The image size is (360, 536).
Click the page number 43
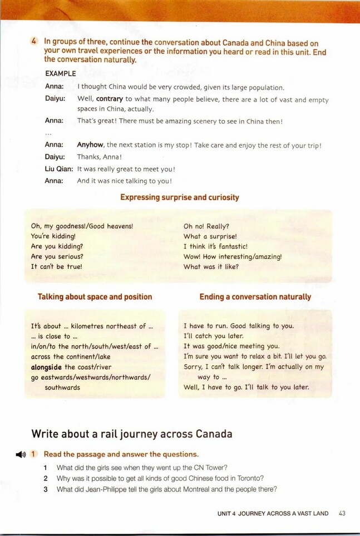click(x=342, y=513)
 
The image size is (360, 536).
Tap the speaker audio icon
click(x=21, y=454)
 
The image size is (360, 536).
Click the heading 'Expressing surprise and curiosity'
click(x=180, y=197)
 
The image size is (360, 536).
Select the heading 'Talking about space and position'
click(x=95, y=297)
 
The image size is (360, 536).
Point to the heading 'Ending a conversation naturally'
click(x=255, y=297)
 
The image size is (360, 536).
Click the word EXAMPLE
click(x=61, y=73)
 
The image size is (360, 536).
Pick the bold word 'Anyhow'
click(x=90, y=145)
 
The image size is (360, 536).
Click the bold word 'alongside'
click(x=47, y=367)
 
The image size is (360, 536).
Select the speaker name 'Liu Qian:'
click(x=59, y=169)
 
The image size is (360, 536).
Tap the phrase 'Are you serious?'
click(x=57, y=256)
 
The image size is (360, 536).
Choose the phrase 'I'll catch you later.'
click(x=214, y=336)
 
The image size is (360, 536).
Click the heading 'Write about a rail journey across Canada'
click(x=131, y=434)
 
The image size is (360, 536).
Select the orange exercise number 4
click(x=34, y=42)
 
